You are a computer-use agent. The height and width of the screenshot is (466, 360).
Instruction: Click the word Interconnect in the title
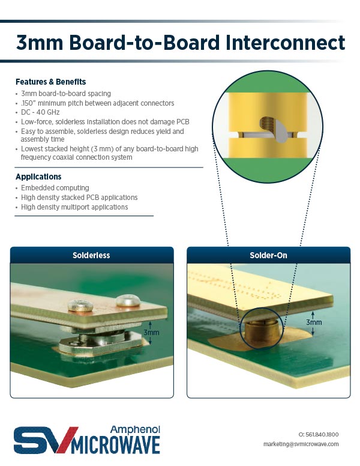point(285,43)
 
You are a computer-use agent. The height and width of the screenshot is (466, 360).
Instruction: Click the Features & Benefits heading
point(51,82)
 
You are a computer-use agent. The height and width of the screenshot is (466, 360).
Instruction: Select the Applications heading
point(38,177)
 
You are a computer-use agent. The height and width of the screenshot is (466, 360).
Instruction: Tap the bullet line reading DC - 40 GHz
point(40,112)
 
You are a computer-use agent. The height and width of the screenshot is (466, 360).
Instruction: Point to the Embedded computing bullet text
point(55,188)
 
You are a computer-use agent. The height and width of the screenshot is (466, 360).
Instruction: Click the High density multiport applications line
point(74,207)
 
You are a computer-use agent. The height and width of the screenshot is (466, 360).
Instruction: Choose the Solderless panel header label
point(91,255)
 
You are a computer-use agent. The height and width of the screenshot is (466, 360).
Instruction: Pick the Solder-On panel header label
point(268,255)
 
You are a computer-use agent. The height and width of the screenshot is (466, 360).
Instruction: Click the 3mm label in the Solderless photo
point(151,332)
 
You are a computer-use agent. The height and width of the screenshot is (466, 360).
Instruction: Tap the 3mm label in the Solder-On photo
point(314,322)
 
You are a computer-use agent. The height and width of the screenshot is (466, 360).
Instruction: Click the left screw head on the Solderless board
point(80,305)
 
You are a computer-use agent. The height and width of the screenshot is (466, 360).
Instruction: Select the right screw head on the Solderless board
point(128,300)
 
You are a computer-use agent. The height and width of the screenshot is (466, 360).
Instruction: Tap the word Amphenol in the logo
point(135,429)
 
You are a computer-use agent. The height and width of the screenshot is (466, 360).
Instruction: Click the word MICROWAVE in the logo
point(116,445)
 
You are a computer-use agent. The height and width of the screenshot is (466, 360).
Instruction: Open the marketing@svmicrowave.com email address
point(301,444)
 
